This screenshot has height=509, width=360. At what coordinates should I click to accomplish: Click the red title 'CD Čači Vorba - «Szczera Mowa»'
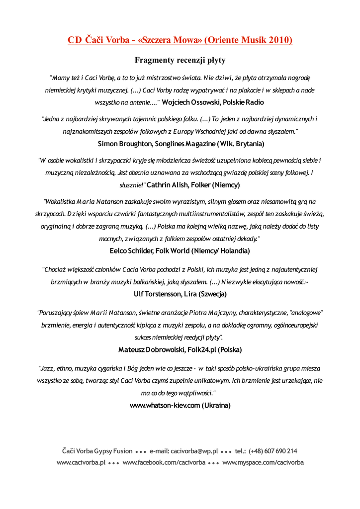[x=134, y=40]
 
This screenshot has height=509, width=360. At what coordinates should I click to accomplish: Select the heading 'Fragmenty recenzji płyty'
[x=180, y=60]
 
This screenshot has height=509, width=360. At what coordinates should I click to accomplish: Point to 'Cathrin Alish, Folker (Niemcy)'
[x=193, y=185]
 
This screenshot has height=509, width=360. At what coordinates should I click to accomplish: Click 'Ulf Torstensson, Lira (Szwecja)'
[x=180, y=294]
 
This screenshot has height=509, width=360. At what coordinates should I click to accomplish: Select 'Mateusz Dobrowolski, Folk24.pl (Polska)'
[x=180, y=350]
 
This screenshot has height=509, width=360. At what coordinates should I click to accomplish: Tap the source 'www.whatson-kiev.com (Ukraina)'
[x=180, y=406]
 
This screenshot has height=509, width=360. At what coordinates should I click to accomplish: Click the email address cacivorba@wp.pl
[x=194, y=451]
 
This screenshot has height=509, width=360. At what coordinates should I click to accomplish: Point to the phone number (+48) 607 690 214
[x=273, y=451]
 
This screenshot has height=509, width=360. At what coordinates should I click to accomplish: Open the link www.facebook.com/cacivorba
[x=164, y=463]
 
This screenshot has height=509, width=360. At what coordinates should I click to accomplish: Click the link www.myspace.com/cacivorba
[x=263, y=463]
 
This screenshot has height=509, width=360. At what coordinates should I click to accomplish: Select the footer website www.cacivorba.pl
[x=81, y=463]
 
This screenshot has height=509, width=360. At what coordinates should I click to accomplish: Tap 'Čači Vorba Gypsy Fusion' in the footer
[x=97, y=451]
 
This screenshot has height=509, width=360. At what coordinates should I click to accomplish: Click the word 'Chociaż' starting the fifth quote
[x=57, y=269]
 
